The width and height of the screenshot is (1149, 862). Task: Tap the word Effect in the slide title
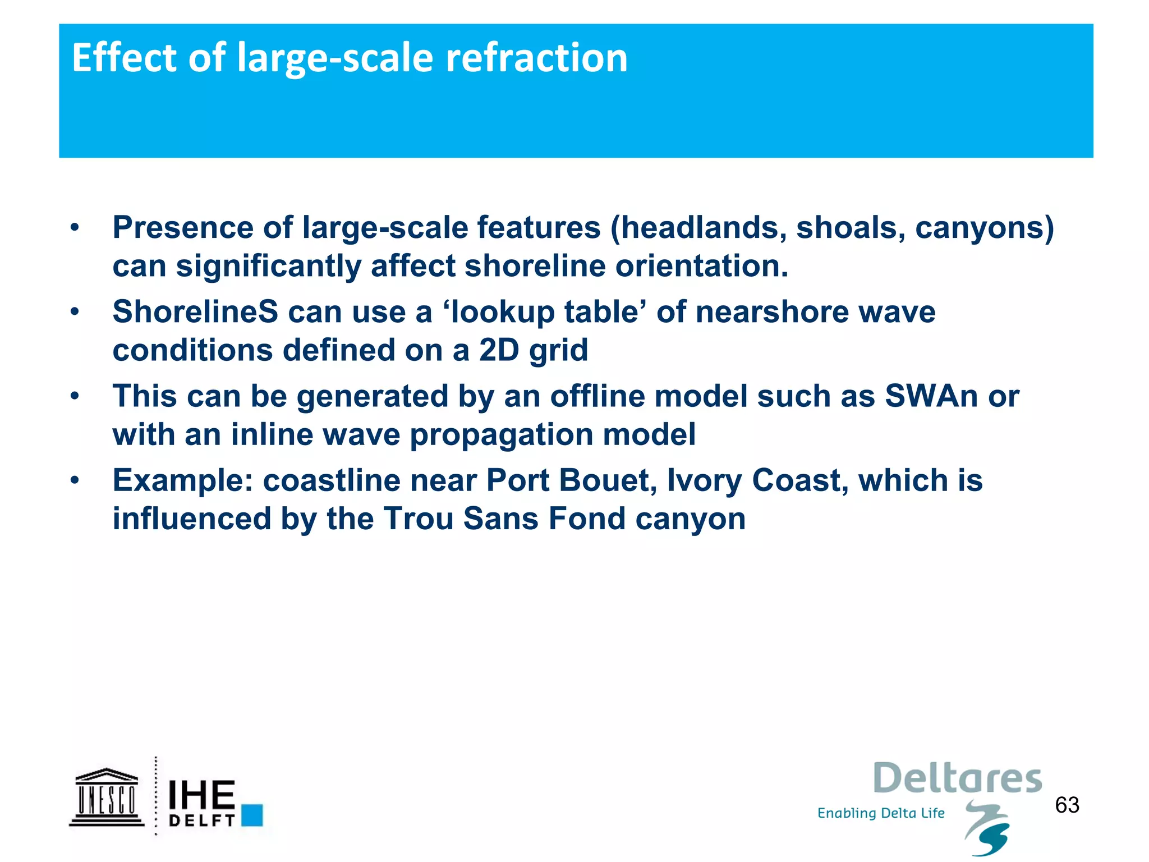[x=124, y=58]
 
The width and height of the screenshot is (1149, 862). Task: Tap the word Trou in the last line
[x=419, y=519]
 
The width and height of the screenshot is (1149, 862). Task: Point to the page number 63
[x=1067, y=805]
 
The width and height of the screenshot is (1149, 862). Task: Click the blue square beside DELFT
[x=252, y=815]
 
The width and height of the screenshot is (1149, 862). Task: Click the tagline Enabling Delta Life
[x=881, y=813]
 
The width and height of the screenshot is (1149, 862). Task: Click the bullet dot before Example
[x=75, y=481]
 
